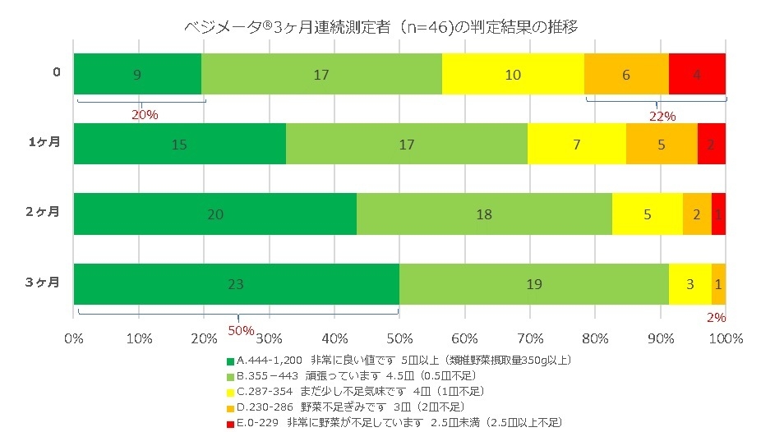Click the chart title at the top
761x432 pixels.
tap(380, 27)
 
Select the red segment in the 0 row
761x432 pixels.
tap(697, 74)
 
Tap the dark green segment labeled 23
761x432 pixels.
tap(237, 284)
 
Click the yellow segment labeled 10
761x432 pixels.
tap(513, 74)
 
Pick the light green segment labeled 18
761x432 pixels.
tap(484, 214)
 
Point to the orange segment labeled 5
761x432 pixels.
tap(662, 145)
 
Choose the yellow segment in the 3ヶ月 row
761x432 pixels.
tap(690, 284)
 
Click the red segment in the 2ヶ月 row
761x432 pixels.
tap(718, 214)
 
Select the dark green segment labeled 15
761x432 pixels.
tap(180, 145)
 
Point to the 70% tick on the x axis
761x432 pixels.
tap(530, 338)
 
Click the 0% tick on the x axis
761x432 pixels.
tap(74, 338)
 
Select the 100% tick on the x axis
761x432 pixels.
tap(725, 338)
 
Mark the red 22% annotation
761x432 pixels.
tap(662, 116)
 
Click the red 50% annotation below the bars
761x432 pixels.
tap(241, 329)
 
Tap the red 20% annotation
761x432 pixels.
tap(145, 114)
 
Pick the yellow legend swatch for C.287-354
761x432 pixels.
tap(230, 392)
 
